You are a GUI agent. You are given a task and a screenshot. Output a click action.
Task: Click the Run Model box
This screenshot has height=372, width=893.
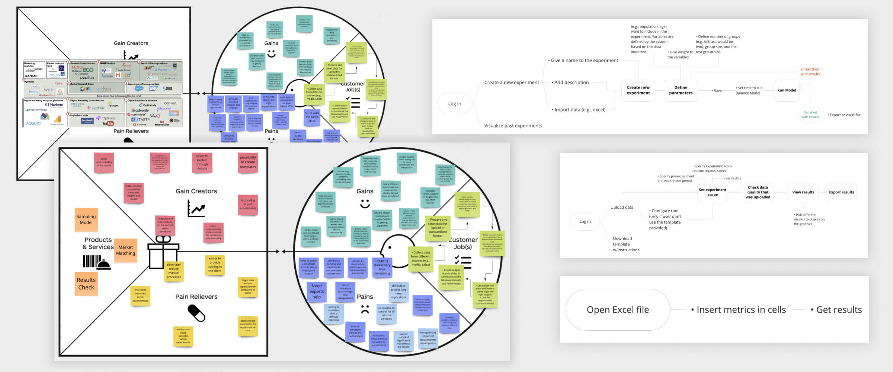coord(786,90)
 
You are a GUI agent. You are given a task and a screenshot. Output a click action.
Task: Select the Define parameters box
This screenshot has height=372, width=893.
coord(681,90)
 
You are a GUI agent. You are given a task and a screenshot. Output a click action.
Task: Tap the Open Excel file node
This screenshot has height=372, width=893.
coord(617,310)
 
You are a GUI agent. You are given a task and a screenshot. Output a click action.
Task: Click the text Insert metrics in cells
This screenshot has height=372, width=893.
coord(741,310)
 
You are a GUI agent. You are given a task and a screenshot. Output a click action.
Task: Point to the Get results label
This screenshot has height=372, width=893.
coord(839,310)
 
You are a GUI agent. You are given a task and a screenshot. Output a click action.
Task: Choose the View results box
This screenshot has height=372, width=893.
coord(803,192)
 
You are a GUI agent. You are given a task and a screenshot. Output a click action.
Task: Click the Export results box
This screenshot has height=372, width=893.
coord(841,192)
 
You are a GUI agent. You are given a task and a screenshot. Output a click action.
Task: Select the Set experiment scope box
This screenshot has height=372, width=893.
coord(712,192)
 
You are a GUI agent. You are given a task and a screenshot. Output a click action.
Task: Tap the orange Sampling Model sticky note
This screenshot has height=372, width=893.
coord(86,219)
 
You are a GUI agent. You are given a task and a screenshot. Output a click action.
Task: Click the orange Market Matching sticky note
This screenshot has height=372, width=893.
coord(125,250)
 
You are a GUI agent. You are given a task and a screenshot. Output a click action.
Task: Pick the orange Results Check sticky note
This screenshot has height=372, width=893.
coord(86,283)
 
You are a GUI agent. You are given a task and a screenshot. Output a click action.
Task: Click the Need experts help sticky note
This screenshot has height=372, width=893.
coord(317,291)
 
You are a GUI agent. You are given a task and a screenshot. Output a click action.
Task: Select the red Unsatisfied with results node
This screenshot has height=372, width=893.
coord(810,71)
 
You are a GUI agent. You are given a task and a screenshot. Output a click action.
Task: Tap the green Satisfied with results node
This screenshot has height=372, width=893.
coord(810,115)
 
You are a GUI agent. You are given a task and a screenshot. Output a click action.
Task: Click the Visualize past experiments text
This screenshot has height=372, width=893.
coord(513,126)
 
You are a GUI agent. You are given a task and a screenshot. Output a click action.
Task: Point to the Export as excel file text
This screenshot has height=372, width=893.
coord(845,115)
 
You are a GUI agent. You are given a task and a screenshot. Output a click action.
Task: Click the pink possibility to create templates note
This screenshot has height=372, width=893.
coord(248,162)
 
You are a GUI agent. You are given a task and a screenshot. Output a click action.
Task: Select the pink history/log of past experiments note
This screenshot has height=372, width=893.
coord(248,204)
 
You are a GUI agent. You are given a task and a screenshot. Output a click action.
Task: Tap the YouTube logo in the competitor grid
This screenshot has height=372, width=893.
coord(108,124)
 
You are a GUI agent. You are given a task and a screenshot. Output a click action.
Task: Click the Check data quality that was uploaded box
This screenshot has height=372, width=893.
coord(758,192)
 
